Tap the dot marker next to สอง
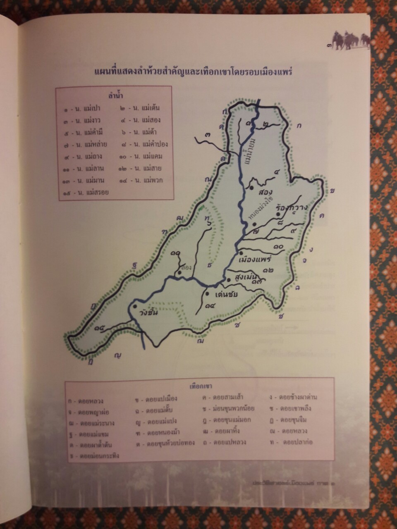tap(251, 188)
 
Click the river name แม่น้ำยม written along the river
tap(250, 153)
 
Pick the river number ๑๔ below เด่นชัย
tap(210, 306)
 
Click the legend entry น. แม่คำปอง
tap(143, 144)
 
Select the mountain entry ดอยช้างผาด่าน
tap(294, 398)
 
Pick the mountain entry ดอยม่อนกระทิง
tap(94, 456)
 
